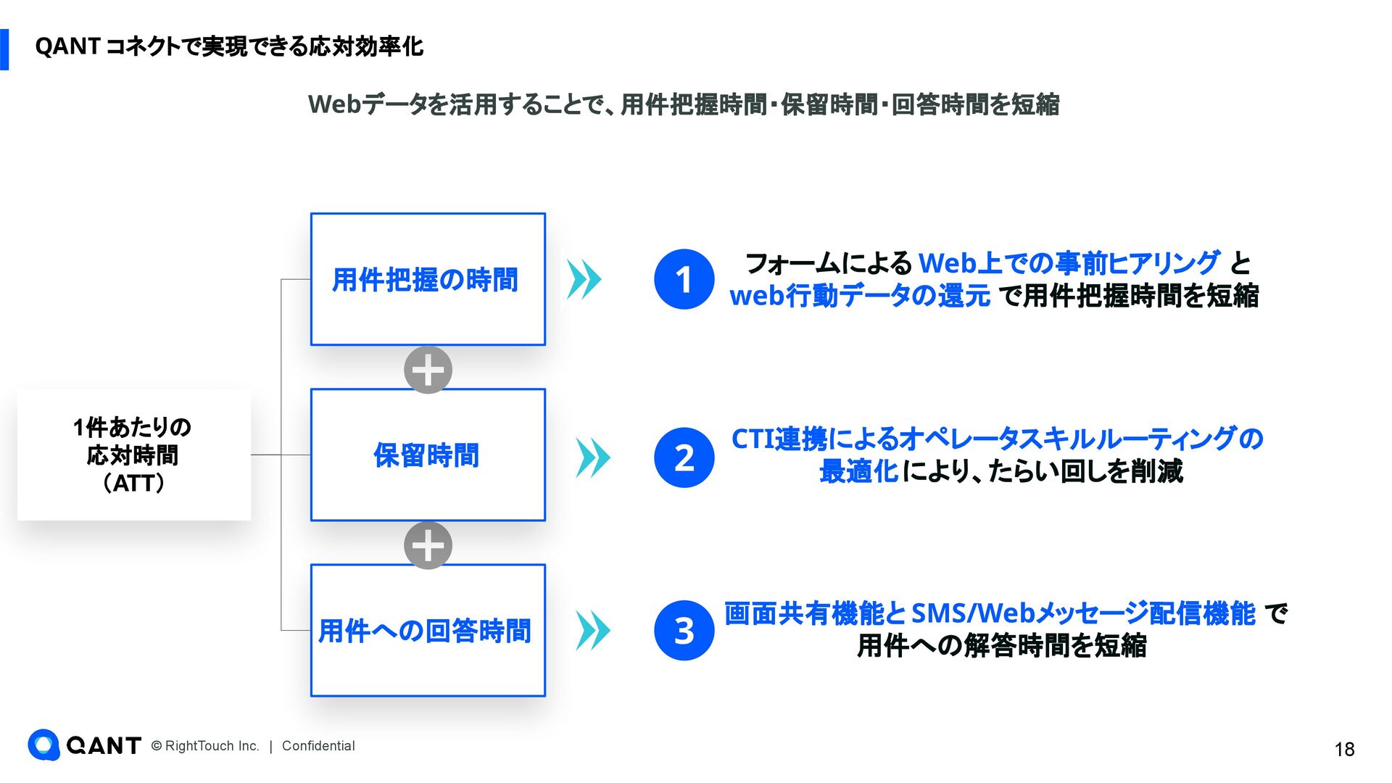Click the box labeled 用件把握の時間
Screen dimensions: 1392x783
428,279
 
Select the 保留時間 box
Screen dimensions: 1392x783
428,455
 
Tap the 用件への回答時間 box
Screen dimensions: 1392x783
428,630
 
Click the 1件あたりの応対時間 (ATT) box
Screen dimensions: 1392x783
133,455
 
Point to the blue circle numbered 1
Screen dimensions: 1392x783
684,279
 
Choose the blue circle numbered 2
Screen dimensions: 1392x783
684,457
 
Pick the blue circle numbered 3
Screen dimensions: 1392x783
684,630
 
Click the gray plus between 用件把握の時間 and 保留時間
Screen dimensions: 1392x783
428,370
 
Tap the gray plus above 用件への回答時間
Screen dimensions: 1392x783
428,545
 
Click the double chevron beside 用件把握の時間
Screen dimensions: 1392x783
584,279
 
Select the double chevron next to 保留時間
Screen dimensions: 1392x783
593,457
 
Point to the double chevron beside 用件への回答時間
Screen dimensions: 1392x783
593,630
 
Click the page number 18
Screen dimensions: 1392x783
1344,749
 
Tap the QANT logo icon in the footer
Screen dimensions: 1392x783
43,745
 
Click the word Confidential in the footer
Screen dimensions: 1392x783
318,746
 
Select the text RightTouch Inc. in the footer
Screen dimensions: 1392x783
212,746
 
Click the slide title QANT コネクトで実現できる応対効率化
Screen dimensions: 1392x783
229,47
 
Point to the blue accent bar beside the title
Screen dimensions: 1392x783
4,49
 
